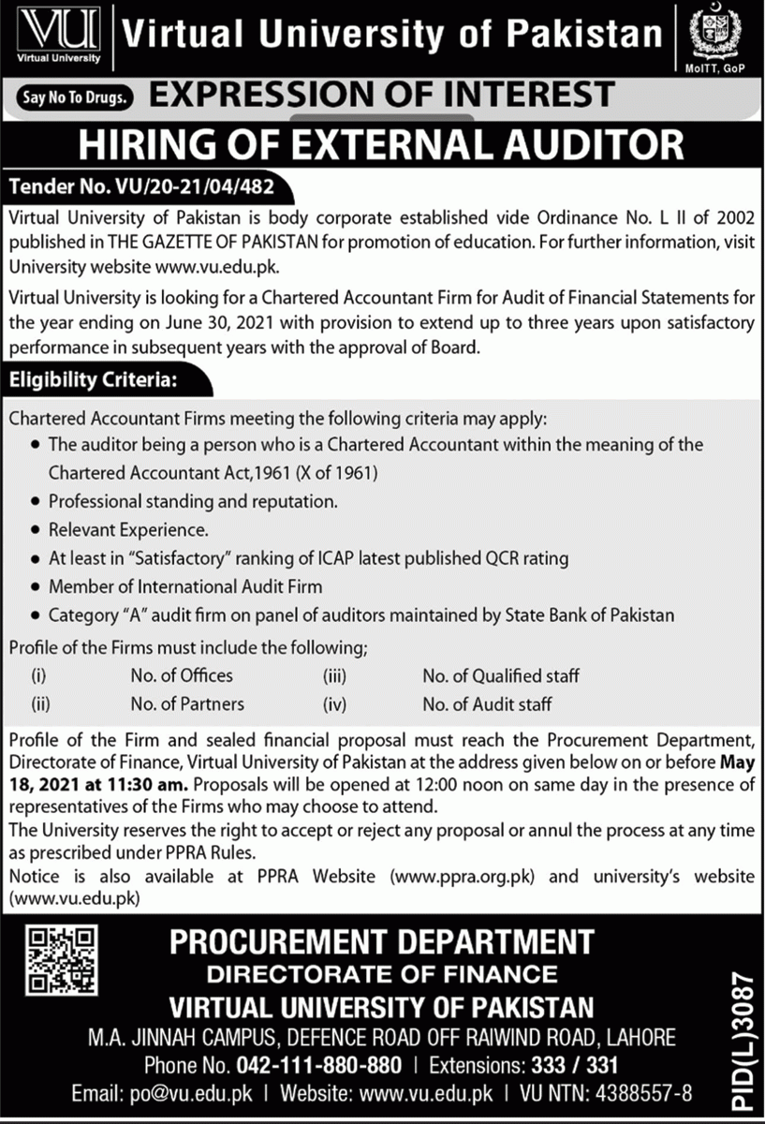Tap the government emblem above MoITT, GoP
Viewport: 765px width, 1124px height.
714,36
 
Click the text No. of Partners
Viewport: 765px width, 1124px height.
187,703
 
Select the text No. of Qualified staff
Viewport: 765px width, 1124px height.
500,675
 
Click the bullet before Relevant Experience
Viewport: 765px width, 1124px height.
36,530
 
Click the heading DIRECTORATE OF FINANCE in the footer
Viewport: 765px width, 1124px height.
382,973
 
